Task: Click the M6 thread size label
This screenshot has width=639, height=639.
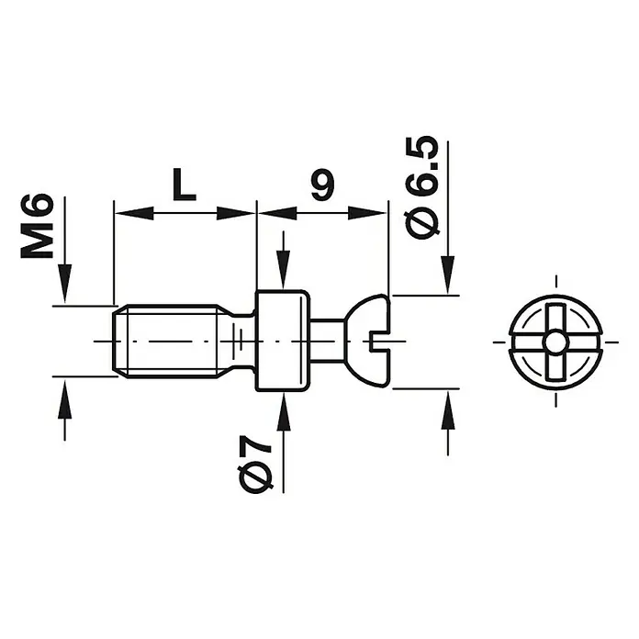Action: coord(37,227)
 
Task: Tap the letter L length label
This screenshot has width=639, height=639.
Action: coord(184,185)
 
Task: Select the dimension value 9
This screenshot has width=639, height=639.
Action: coord(322,185)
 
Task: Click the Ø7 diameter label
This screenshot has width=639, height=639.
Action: coord(256,464)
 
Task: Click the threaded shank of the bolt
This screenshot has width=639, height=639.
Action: coord(171,342)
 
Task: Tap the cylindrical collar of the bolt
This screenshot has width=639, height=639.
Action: coord(282,342)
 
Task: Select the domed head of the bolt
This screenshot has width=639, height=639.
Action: coord(369,342)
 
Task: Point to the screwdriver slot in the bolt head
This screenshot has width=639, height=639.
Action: coord(380,342)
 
